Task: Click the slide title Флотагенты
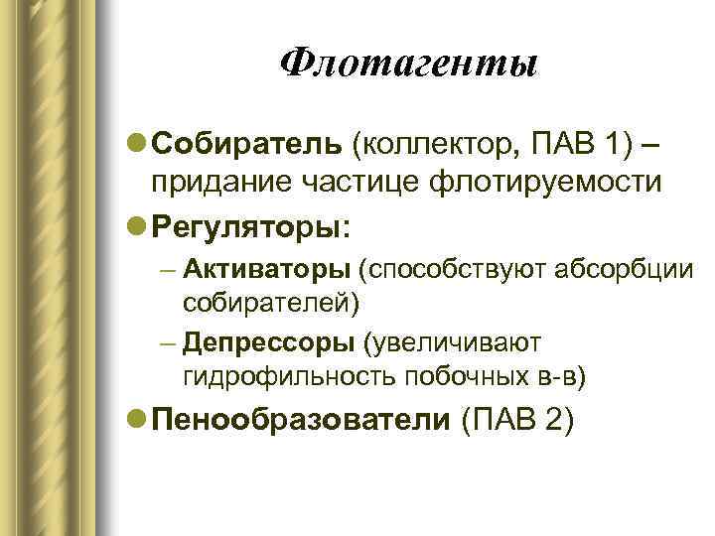pos(408,65)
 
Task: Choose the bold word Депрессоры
pos(268,342)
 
